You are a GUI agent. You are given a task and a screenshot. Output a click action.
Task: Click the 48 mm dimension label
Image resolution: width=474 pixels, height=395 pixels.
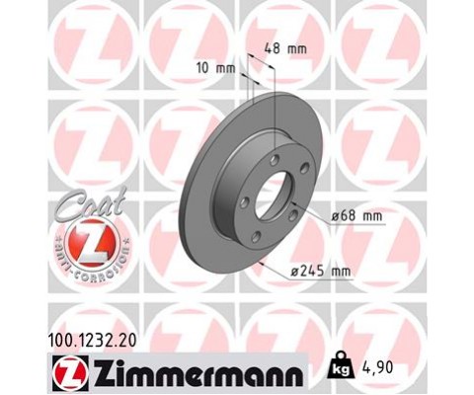(287, 46)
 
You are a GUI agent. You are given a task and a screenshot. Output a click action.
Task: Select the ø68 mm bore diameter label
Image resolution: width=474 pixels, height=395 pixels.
(357, 212)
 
